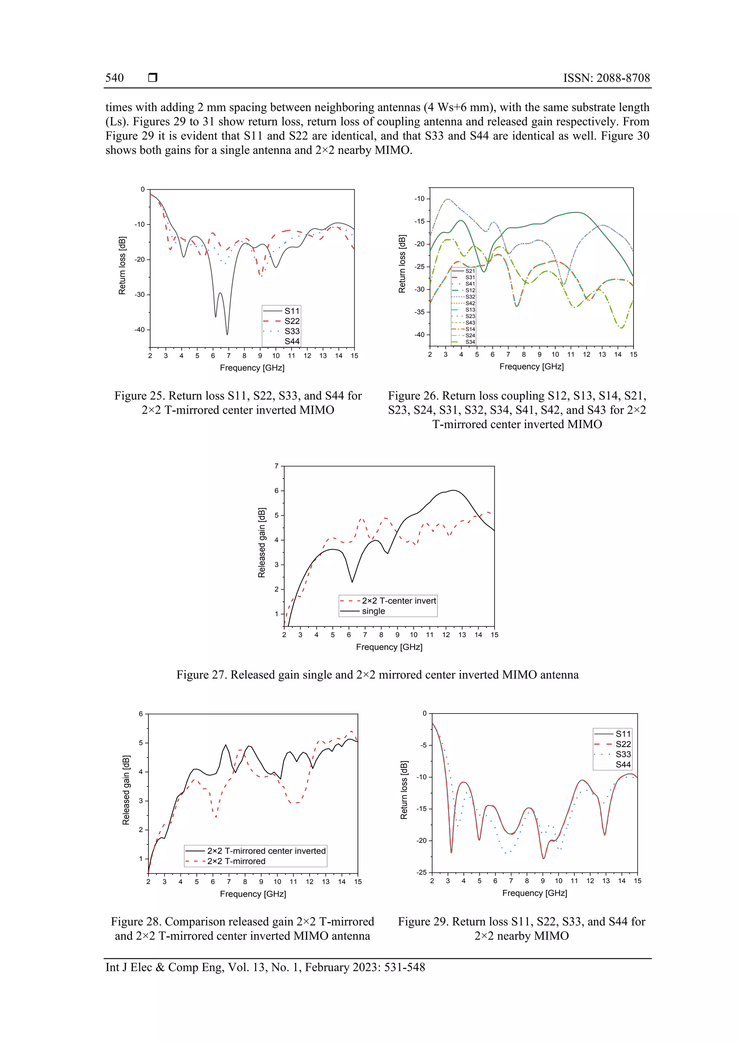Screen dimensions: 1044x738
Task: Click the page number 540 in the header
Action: [x=114, y=78]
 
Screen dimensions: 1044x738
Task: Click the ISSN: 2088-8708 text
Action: [x=606, y=78]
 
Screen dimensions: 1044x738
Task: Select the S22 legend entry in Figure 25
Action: [x=292, y=321]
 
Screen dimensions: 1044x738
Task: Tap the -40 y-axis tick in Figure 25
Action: [x=139, y=330]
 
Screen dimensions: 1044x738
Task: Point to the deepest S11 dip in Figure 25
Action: [x=227, y=334]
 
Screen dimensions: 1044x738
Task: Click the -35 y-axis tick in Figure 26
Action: [x=419, y=312]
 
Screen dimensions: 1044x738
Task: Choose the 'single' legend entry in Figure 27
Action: [x=373, y=611]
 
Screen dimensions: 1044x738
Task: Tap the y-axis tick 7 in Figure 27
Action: [x=276, y=466]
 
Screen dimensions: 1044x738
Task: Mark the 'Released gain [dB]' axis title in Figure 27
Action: [x=262, y=542]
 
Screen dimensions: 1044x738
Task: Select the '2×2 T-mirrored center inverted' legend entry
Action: [x=266, y=851]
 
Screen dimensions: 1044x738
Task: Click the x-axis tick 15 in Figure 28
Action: [x=358, y=881]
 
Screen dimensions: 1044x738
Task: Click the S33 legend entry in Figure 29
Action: [x=623, y=754]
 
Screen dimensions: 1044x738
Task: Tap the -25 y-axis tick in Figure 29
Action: [x=422, y=872]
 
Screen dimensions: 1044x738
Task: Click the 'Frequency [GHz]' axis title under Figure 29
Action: [x=534, y=893]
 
